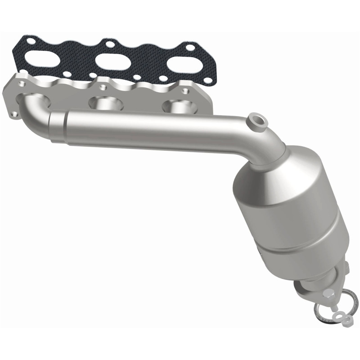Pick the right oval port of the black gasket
(x=184, y=63)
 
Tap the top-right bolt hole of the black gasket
(x=191, y=48)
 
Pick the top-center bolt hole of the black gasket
(x=109, y=44)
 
